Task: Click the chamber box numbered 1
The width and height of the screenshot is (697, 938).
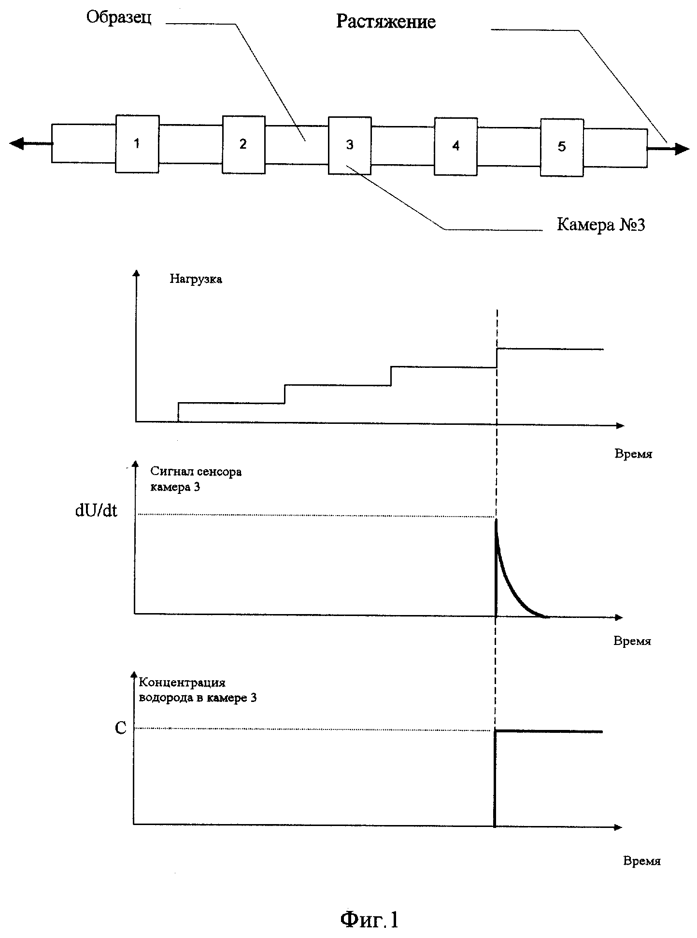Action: (x=137, y=143)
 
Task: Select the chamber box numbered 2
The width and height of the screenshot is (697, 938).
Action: (x=243, y=144)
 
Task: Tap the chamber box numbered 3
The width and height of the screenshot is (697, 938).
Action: (x=350, y=145)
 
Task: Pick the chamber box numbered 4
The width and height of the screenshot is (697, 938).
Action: (x=456, y=146)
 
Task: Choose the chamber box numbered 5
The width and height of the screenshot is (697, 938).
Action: (x=562, y=147)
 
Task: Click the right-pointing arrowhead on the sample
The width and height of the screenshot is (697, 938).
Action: (x=682, y=149)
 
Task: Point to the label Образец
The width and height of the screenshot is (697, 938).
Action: (x=119, y=18)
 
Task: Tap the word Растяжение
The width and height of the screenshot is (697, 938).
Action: (x=386, y=22)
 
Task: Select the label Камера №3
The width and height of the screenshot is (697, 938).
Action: (x=601, y=224)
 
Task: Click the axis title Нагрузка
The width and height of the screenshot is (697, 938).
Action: (x=196, y=280)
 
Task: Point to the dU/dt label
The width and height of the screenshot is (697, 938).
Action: (x=96, y=511)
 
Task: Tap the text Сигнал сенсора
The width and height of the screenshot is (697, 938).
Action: (x=196, y=472)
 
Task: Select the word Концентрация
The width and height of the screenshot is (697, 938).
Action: (x=182, y=683)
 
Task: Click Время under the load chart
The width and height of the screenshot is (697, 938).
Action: (x=633, y=454)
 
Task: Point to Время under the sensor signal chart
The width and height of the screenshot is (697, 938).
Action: (x=632, y=641)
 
